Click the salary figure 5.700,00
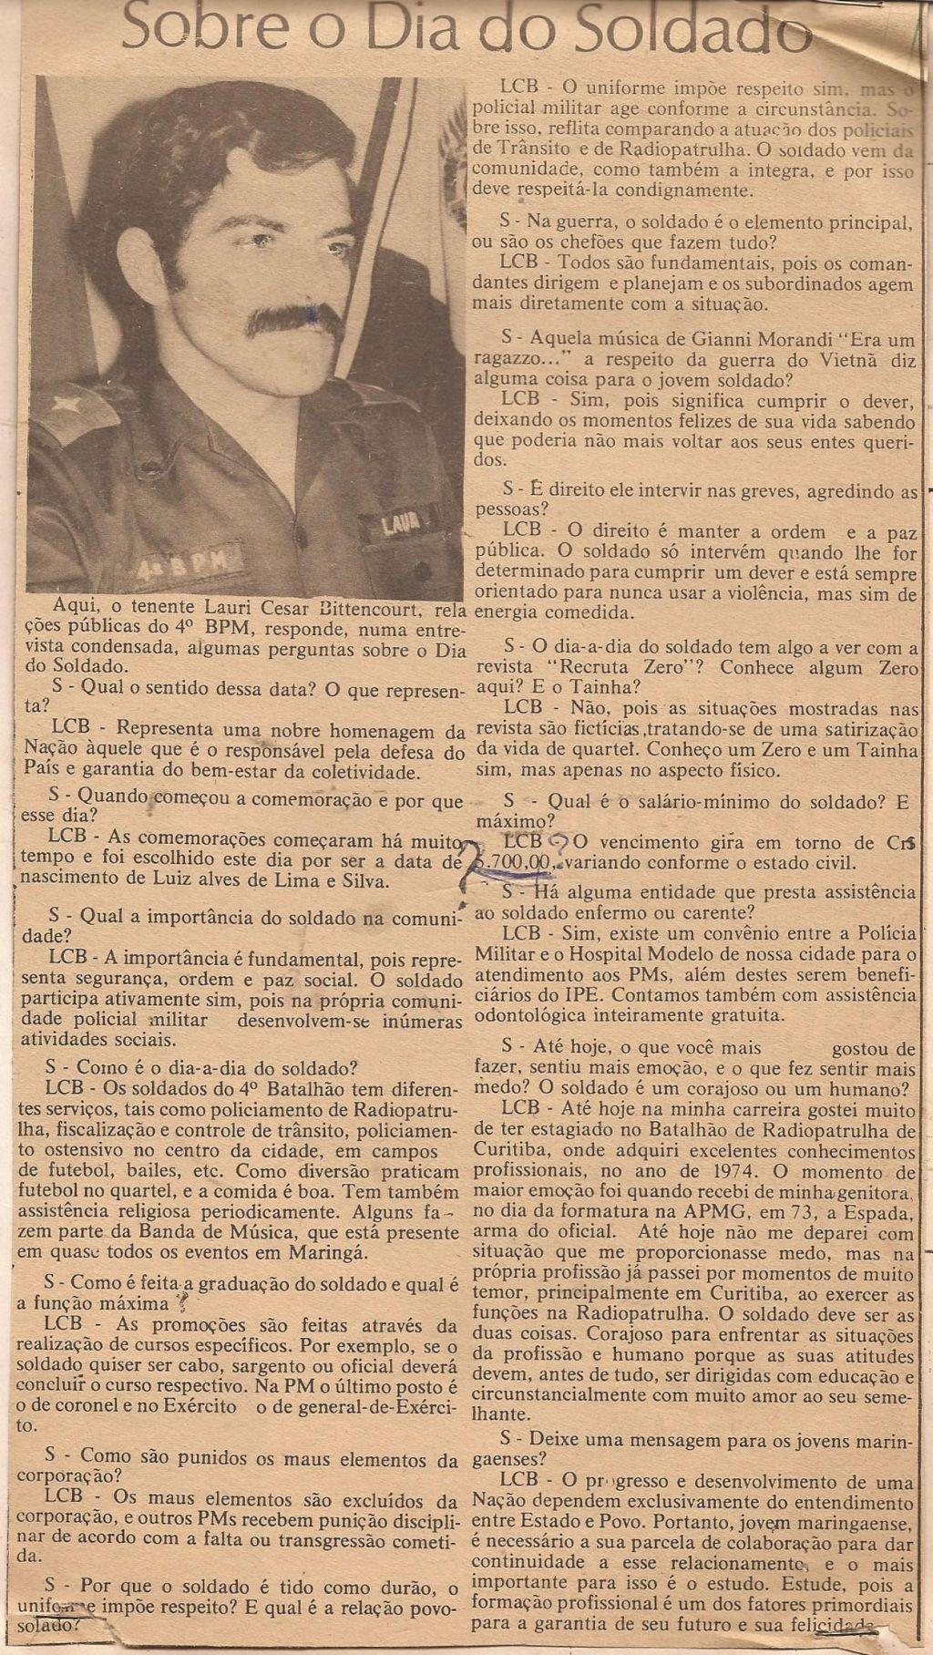point(516,860)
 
